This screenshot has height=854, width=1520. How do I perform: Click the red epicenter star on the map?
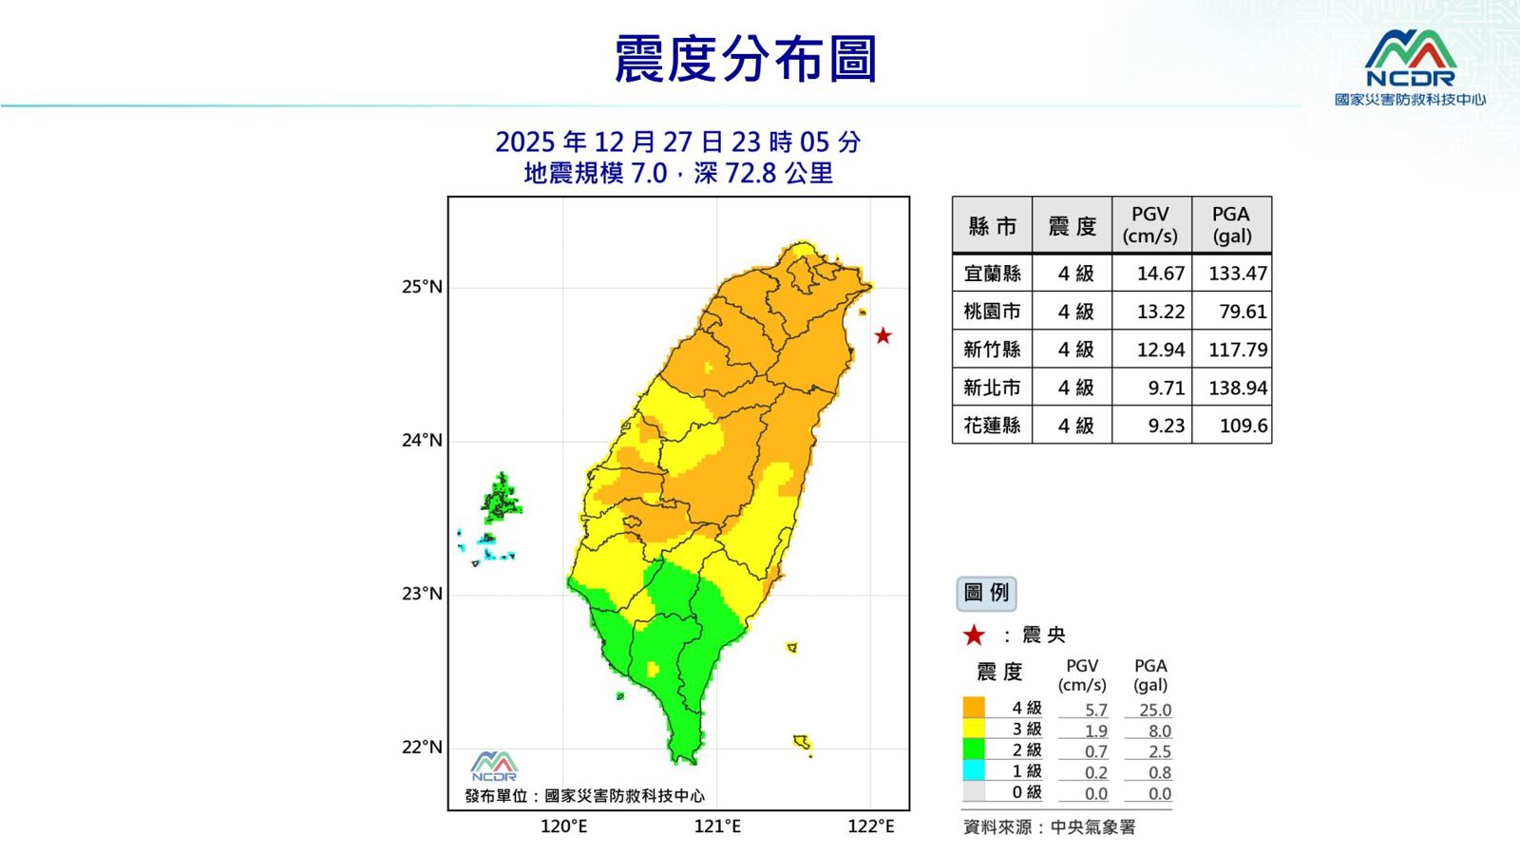(883, 335)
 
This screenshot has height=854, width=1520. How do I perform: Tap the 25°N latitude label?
(422, 287)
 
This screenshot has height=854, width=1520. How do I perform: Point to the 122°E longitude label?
(870, 826)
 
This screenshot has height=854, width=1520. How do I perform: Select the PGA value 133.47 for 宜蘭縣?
(1237, 274)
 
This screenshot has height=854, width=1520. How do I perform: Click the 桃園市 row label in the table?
(992, 312)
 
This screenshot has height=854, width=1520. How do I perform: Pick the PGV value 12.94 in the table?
(1160, 350)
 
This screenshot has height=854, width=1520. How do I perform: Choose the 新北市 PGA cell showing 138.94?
(1237, 388)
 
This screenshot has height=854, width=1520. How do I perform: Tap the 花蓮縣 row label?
(992, 426)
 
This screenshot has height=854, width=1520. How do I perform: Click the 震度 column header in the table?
(1072, 226)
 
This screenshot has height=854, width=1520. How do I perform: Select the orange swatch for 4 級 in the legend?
(974, 708)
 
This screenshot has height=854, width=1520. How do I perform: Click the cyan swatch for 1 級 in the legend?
(974, 770)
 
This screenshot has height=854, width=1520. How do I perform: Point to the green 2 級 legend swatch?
(974, 750)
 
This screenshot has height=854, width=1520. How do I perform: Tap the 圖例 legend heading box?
(986, 593)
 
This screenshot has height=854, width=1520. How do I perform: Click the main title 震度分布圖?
(745, 59)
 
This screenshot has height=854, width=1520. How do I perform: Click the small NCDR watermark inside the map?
(494, 766)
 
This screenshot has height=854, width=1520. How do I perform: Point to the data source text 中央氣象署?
(1092, 827)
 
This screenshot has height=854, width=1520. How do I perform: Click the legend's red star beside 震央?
(974, 636)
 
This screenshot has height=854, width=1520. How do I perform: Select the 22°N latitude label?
(422, 747)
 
